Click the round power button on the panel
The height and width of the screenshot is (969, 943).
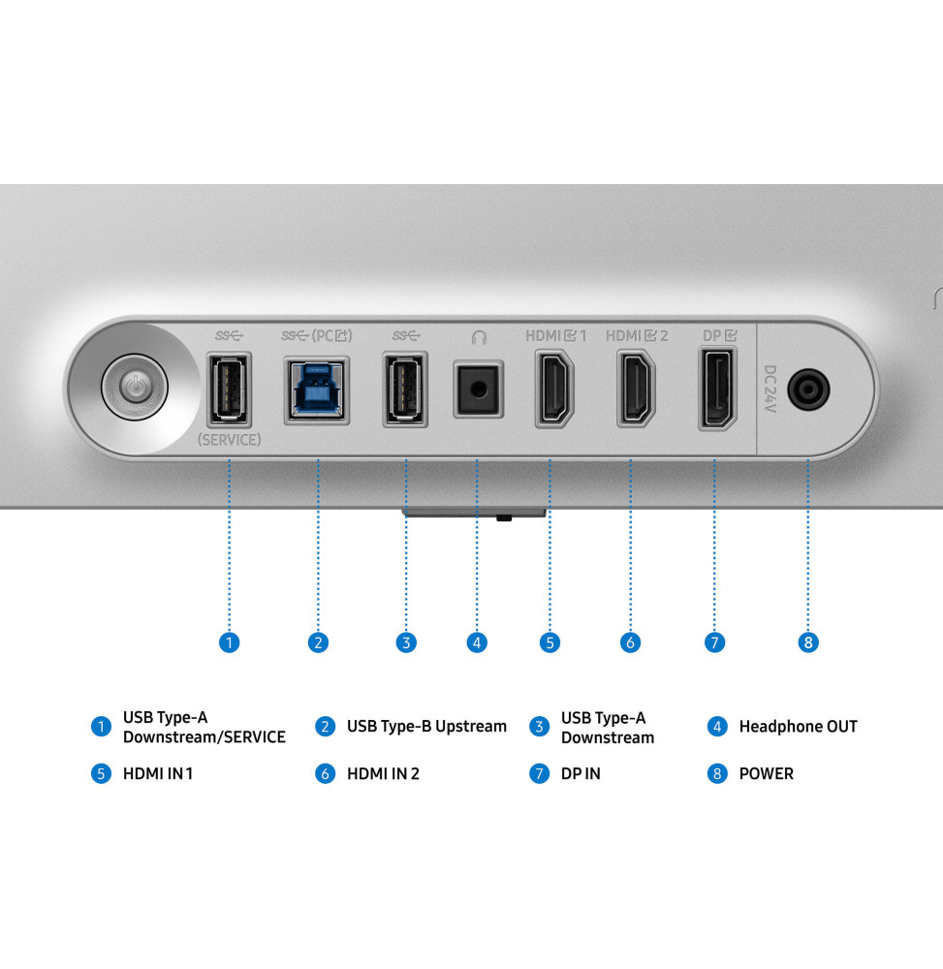tap(135, 388)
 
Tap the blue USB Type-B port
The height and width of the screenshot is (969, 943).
tap(317, 390)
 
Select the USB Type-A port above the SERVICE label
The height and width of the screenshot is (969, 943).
tap(230, 390)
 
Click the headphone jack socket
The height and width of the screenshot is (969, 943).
tap(479, 390)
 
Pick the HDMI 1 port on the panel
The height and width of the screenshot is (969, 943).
tap(554, 389)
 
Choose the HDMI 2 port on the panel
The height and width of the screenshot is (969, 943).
tap(636, 389)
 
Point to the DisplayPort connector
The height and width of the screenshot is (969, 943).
tap(717, 389)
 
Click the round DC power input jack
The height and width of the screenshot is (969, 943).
tap(808, 390)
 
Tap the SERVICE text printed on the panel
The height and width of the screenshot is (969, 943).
tap(230, 439)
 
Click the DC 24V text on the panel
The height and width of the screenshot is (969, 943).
tap(770, 389)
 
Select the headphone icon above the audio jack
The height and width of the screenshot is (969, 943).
tap(479, 337)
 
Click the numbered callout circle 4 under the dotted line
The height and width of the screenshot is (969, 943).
tap(477, 642)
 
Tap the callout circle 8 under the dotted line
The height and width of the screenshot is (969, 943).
tap(807, 642)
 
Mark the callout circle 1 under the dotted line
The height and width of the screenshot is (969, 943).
tap(230, 642)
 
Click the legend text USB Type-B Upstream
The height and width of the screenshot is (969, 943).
tap(426, 726)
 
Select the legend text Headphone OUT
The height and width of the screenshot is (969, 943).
tap(799, 726)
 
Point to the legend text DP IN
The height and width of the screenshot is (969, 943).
tap(581, 773)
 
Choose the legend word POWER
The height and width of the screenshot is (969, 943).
tap(767, 773)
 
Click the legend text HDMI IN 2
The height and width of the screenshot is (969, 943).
tap(383, 773)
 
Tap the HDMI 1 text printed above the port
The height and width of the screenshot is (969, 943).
tap(555, 335)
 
